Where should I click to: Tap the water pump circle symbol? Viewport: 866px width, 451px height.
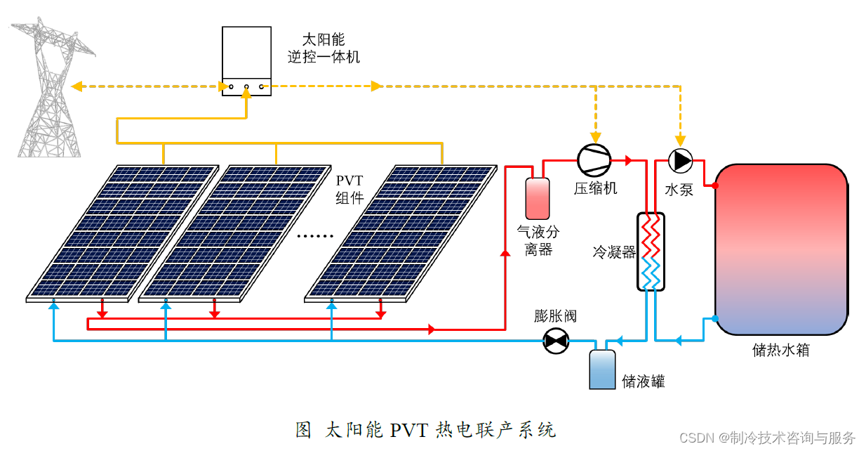pos(679,160)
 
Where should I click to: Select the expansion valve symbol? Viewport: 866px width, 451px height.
pos(557,341)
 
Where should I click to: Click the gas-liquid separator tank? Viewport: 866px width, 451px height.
pos(538,198)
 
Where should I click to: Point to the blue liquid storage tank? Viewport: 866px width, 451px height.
pos(602,369)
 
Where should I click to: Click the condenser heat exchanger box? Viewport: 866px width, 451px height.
pos(651,251)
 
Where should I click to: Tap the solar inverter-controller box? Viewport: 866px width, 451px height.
pos(246,61)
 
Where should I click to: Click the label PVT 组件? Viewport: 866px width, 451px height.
pos(349,190)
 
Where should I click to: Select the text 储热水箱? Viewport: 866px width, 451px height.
pos(780,350)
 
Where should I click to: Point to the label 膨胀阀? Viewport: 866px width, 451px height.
pos(555,315)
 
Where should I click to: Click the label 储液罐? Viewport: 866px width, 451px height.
pos(643,381)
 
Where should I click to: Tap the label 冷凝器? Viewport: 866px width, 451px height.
pos(614,252)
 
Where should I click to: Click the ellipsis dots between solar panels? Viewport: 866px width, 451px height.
pos(315,236)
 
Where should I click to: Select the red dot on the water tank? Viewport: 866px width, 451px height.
pos(715,186)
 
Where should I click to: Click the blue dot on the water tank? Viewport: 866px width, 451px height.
pos(715,319)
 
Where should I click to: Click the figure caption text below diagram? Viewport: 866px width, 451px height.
pos(426,429)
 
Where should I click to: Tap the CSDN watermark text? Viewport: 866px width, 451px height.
pos(768,438)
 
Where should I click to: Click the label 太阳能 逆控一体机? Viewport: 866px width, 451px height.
pos(324,48)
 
